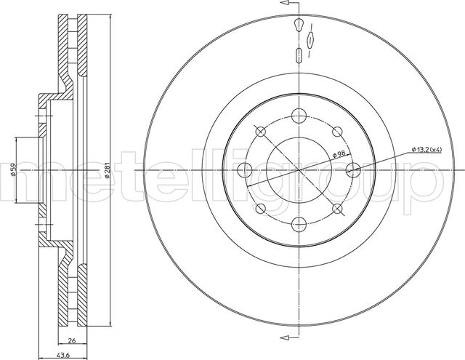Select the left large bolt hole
coord(244,169)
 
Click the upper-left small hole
coord(260,131)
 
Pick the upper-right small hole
coord(338,131)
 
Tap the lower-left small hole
coord(260,209)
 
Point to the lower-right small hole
coord(338,209)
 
